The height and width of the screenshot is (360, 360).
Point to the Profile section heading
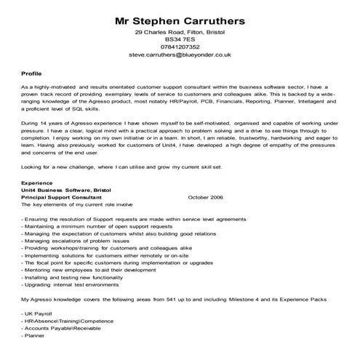point(32,74)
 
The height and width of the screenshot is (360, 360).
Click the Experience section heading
point(38,184)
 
